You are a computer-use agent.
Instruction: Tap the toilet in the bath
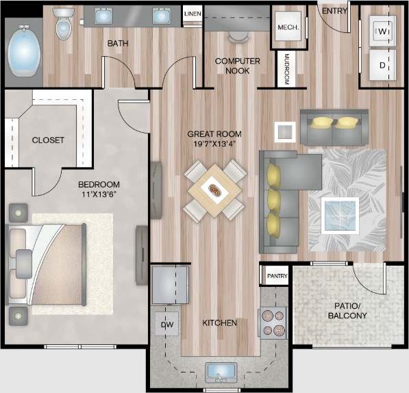[64, 23]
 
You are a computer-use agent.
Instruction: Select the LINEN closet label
[193, 14]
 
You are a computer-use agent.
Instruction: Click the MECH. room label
[286, 27]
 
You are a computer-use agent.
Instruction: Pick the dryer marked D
[383, 66]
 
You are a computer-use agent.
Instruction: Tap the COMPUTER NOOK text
[237, 66]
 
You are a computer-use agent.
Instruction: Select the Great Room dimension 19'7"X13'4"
[215, 144]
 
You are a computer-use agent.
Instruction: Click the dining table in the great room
[214, 190]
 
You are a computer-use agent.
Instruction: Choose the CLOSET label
[48, 140]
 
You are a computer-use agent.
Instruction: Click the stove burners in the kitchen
[272, 322]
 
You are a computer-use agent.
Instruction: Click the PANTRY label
[277, 276]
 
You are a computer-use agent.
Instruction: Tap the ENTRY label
[334, 10]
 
